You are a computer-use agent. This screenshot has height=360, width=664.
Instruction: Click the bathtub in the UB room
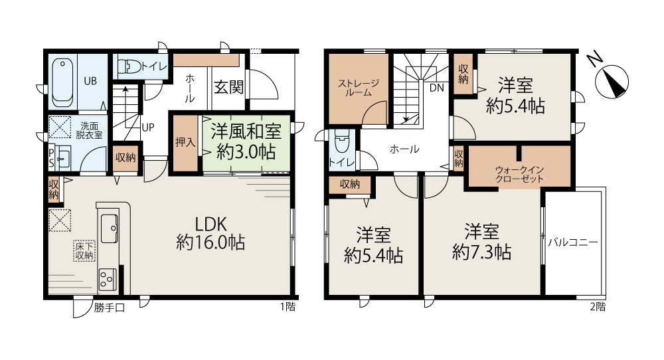click(62, 82)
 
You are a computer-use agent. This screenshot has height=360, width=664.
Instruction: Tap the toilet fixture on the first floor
click(129, 66)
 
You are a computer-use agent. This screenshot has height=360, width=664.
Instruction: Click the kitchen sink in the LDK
click(110, 228)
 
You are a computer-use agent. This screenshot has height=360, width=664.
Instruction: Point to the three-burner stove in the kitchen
click(108, 280)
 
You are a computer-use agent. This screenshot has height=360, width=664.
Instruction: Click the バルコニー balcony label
click(573, 242)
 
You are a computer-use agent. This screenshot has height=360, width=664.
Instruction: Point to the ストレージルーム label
click(359, 88)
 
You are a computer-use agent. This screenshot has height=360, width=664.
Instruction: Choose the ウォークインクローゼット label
click(519, 174)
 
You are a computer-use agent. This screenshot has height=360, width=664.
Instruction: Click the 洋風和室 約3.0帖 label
click(246, 141)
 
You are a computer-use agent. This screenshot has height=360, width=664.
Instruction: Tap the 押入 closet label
click(185, 142)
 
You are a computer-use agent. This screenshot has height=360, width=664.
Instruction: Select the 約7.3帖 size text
click(481, 252)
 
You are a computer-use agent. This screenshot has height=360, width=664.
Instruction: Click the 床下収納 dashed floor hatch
click(84, 251)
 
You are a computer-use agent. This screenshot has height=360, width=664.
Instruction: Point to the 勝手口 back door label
click(110, 308)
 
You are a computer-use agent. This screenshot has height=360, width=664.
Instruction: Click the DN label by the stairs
click(437, 88)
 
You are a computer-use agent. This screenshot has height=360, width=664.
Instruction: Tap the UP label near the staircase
click(148, 127)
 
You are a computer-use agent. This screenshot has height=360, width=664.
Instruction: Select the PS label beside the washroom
click(51, 157)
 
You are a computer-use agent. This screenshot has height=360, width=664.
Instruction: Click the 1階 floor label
click(288, 307)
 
